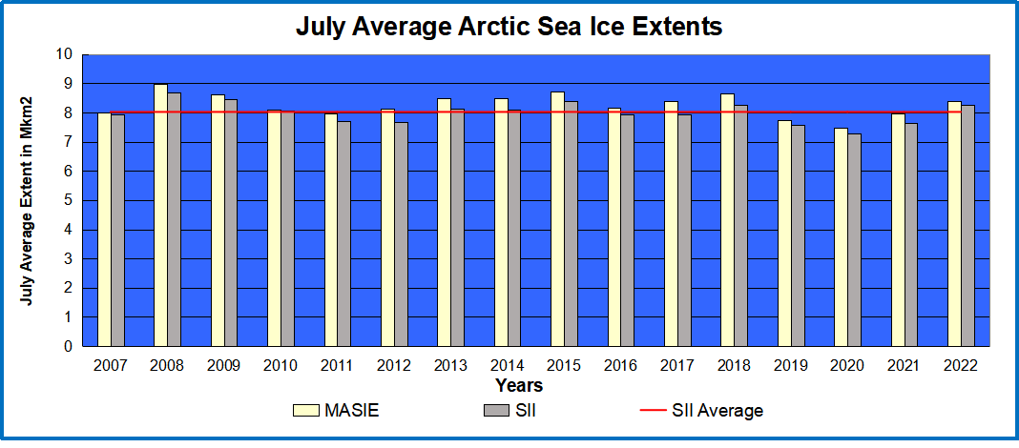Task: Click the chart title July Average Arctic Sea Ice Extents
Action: click(509, 27)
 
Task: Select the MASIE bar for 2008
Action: click(160, 215)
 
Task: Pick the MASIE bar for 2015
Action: click(557, 219)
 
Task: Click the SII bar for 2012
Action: click(401, 234)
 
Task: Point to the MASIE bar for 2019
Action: click(784, 234)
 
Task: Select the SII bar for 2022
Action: click(967, 226)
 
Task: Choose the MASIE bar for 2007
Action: click(104, 230)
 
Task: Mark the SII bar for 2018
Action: click(741, 226)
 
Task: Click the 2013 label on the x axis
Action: click(449, 365)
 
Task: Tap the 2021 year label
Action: click(904, 365)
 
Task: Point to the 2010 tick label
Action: click(280, 365)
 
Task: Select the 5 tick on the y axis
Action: click(69, 200)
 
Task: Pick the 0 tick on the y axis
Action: click(69, 347)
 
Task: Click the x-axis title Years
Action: click(520, 386)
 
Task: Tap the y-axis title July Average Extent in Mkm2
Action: click(29, 200)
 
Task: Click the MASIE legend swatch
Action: click(305, 411)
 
